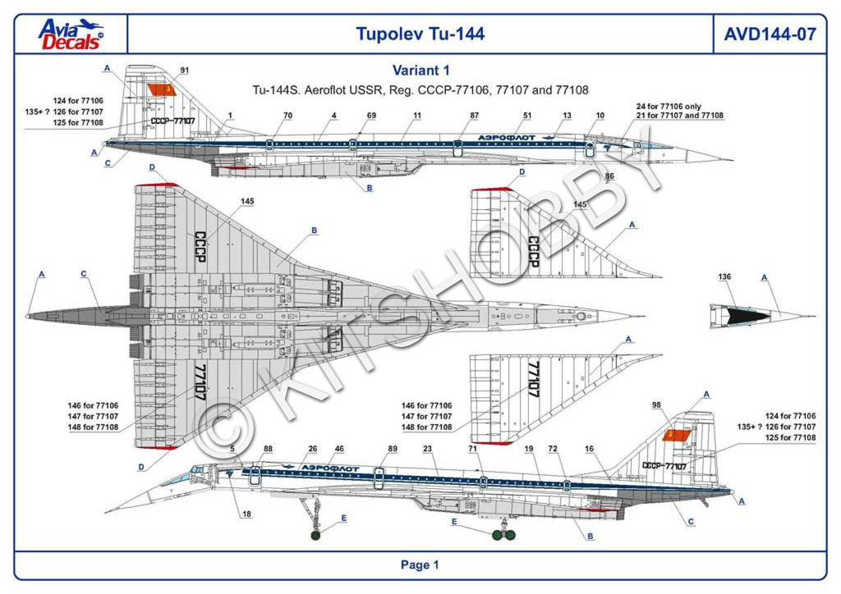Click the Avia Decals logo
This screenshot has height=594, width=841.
(71, 34)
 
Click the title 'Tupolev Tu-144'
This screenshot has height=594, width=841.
(420, 34)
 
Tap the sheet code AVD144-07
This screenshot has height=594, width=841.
(770, 34)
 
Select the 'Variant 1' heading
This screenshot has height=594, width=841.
(420, 71)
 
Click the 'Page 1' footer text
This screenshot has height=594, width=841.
(420, 564)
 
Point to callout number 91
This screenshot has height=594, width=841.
(184, 70)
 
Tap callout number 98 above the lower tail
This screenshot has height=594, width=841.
(656, 405)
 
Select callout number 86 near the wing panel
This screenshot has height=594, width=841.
(609, 176)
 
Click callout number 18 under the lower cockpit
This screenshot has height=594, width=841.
(246, 514)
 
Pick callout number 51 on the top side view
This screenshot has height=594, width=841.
(527, 116)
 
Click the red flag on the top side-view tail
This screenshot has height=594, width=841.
(160, 89)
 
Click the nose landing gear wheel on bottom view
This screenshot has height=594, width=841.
(317, 537)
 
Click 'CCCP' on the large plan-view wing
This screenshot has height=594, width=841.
(200, 245)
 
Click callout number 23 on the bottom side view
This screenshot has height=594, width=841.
(428, 449)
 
